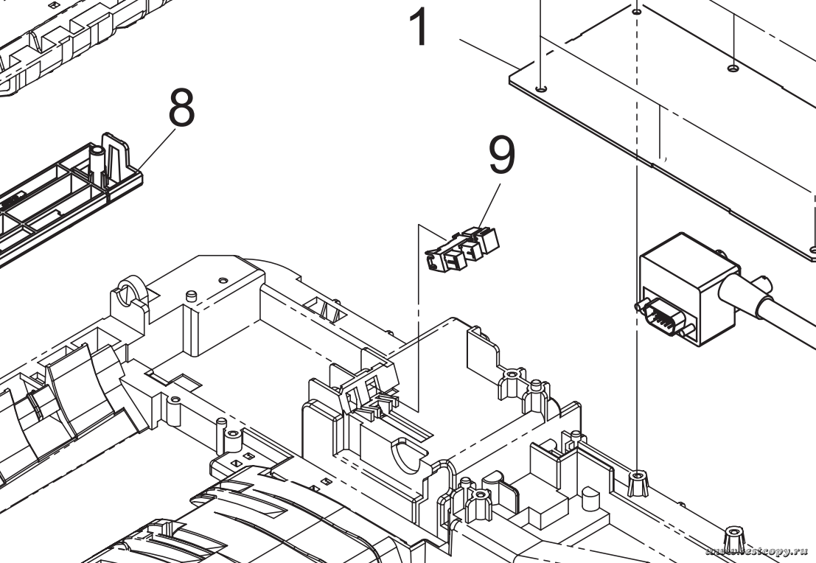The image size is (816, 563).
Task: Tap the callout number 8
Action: tap(181, 108)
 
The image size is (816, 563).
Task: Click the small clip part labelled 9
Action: tap(461, 247)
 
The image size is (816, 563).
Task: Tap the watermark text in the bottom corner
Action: tap(759, 551)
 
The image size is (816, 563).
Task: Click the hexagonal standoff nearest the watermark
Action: tap(733, 537)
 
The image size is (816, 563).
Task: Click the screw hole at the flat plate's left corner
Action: tap(542, 88)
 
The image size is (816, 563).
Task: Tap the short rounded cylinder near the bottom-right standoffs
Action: tap(590, 500)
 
